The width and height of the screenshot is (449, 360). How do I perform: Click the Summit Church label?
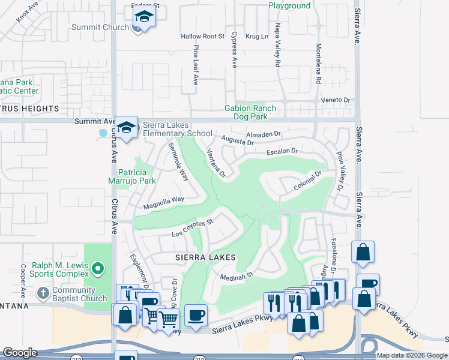click(100, 27)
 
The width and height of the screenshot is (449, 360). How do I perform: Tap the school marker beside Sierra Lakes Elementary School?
click(127, 128)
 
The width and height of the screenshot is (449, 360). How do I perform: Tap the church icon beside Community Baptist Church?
click(43, 293)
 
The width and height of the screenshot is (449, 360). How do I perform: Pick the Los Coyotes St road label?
click(193, 228)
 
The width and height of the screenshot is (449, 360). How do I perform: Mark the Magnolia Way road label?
click(163, 203)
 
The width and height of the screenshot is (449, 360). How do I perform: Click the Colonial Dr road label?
click(308, 181)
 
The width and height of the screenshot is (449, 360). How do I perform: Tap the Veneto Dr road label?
click(335, 100)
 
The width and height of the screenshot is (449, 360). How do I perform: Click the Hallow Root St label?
click(202, 37)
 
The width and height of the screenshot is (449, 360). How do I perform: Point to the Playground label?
click(289, 6)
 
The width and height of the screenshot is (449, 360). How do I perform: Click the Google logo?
click(20, 353)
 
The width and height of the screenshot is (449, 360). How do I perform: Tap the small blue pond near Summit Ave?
click(103, 132)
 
